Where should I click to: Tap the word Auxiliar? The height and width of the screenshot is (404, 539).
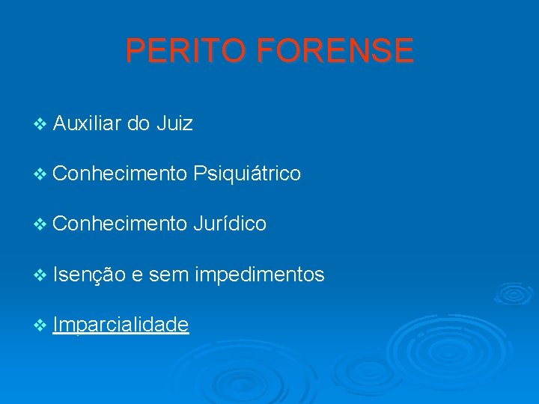[x=87, y=123]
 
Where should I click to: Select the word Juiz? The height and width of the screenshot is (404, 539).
[x=175, y=123]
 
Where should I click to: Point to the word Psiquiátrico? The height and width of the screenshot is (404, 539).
[x=246, y=174]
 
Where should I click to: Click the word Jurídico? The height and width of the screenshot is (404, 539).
[x=229, y=224]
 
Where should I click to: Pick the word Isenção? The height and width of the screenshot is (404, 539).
[x=88, y=275]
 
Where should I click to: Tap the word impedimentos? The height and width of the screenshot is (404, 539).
[x=259, y=275]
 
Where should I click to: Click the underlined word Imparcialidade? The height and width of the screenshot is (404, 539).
[x=121, y=325]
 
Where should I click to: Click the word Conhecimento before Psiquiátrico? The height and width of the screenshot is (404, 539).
[x=120, y=174]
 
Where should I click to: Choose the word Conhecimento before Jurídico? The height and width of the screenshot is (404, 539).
[x=120, y=224]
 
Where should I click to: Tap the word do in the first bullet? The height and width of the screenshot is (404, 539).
[x=138, y=123]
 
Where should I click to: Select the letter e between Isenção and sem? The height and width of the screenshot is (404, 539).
[x=137, y=276]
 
